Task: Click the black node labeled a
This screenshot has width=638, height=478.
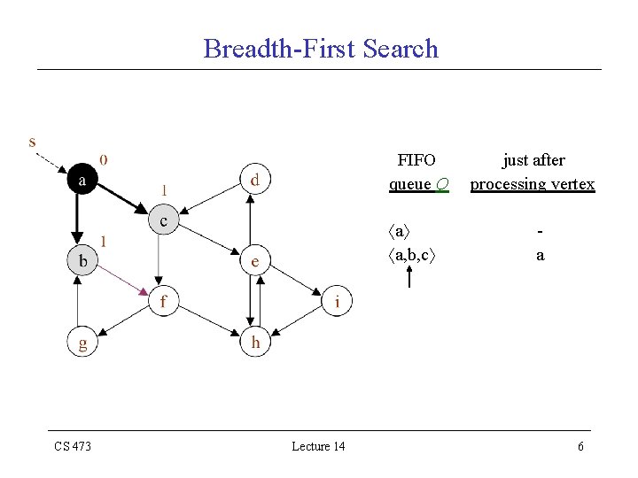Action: tap(82, 180)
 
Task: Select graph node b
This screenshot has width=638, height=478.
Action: tap(82, 260)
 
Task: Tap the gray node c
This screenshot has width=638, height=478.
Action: tap(163, 220)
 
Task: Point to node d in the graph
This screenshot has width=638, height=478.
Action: tap(254, 180)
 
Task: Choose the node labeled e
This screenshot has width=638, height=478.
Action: tap(254, 260)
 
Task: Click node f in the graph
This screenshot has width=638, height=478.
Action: tap(162, 302)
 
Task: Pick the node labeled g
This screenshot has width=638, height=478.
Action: tap(82, 343)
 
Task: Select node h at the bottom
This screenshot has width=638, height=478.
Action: tap(254, 343)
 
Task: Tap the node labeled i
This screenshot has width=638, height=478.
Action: tap(336, 302)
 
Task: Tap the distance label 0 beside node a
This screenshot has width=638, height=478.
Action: tap(105, 160)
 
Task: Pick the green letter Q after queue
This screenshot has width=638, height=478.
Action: tap(442, 184)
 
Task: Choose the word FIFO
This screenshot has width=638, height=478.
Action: tap(416, 160)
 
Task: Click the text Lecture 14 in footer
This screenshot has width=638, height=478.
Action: tap(318, 446)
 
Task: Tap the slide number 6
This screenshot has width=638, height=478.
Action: tap(580, 446)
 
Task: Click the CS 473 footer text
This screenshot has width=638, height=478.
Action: tap(73, 446)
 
